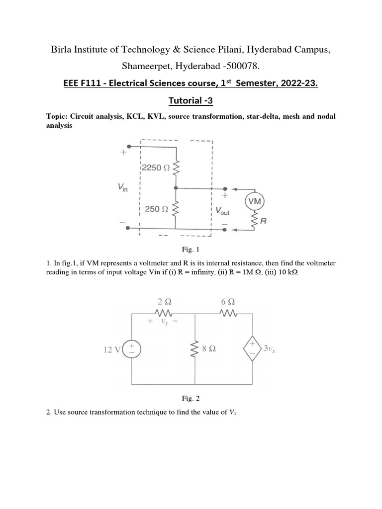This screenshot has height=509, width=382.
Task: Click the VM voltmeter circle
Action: click(255, 201)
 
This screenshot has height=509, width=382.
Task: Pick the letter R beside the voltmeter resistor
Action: click(264, 222)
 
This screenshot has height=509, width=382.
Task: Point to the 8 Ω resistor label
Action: click(208, 349)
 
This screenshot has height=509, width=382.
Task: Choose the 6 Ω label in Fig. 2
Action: click(228, 302)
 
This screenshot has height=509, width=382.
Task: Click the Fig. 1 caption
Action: click(191, 249)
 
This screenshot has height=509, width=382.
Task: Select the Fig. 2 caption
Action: click(191, 398)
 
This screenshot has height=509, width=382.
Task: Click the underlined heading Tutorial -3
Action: click(191, 101)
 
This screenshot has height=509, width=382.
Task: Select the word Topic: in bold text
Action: click(57, 117)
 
